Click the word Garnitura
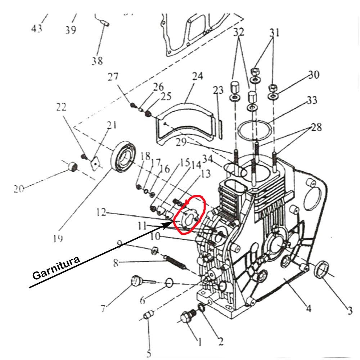coord(55,268)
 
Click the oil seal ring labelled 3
coord(322,270)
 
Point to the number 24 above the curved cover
coord(197,76)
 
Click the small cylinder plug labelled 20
coord(73,167)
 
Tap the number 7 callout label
coord(103,308)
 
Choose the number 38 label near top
coord(97,60)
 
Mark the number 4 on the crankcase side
coord(309,308)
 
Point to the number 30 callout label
coord(313,75)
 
